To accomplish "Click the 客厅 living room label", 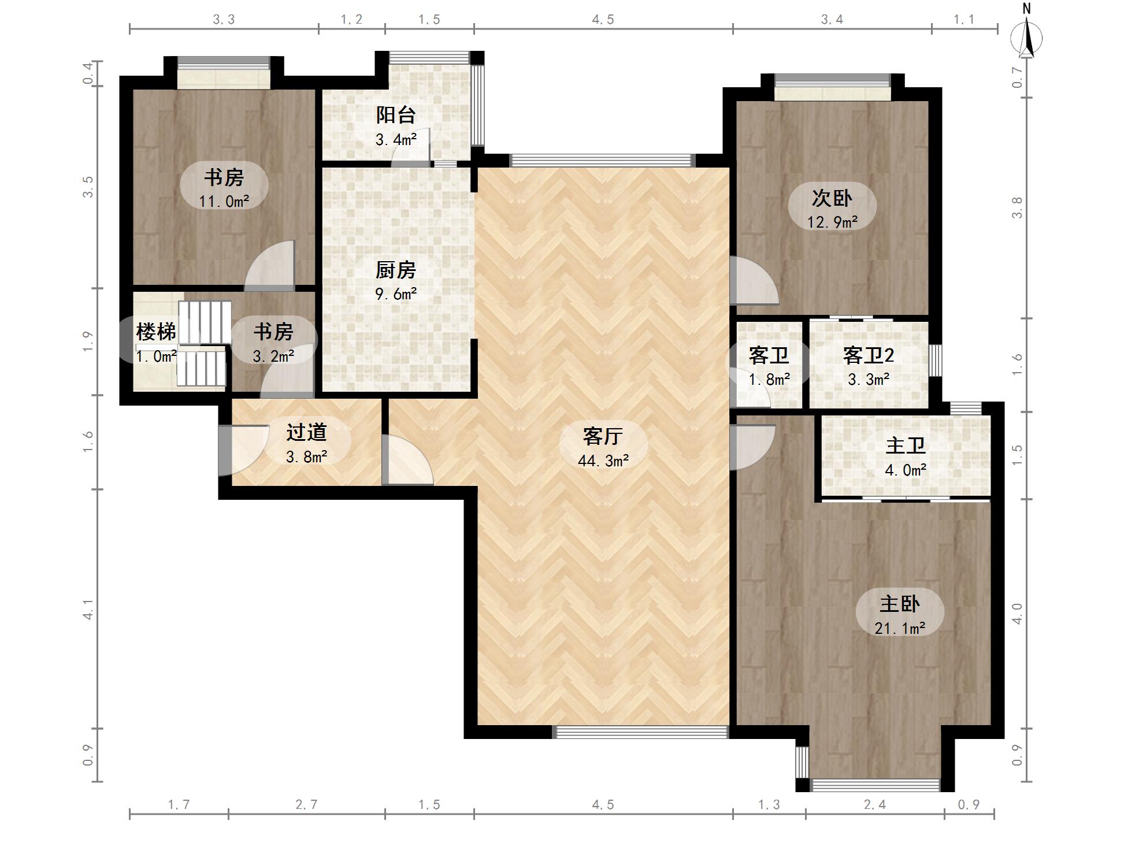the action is [603, 436].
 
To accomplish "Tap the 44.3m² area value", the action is [603, 461].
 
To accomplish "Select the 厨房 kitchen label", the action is [396, 270].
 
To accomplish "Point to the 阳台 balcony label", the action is [396, 115].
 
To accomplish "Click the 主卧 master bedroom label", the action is [900, 604].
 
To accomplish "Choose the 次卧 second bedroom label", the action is [832, 198].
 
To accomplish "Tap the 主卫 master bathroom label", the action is [906, 445].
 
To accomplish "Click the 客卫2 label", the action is [869, 355].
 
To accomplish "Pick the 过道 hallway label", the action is [307, 432].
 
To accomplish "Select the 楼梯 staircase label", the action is [156, 332].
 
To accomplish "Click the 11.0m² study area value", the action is [224, 202].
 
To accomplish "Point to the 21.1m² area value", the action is [900, 628].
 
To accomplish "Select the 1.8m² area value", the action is [769, 380].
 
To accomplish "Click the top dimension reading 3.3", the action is [224, 20].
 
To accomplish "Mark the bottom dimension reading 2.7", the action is [306, 804].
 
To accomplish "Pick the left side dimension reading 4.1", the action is [87, 609].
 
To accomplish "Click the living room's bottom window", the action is [641, 732].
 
